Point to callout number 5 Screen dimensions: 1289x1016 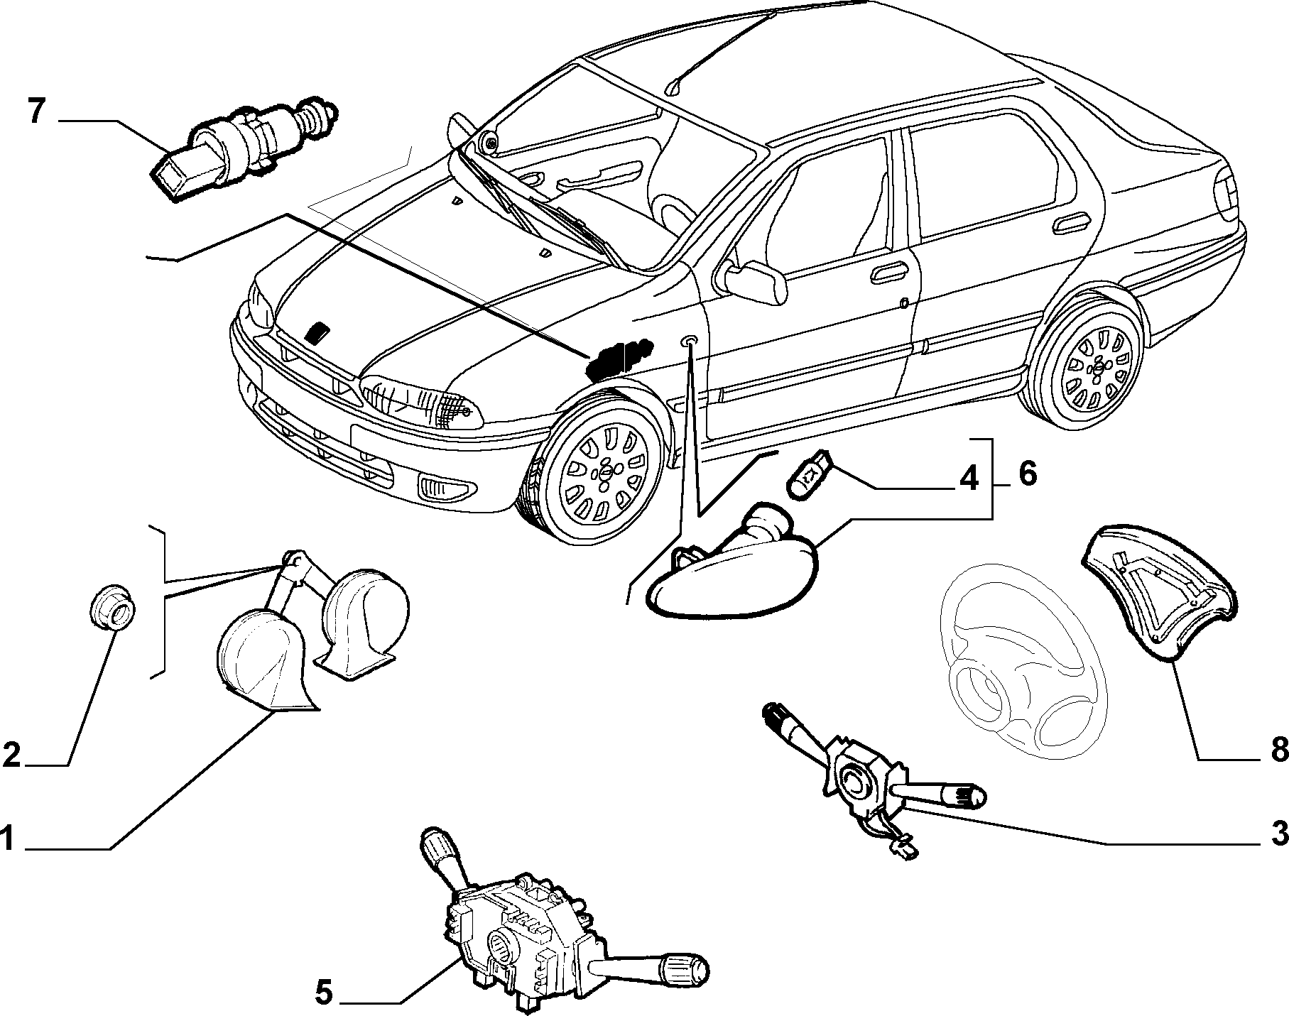[323, 992]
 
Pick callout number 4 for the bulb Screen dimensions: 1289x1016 [968, 479]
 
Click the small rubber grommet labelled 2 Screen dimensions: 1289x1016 [111, 607]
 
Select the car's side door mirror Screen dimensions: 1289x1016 [756, 281]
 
